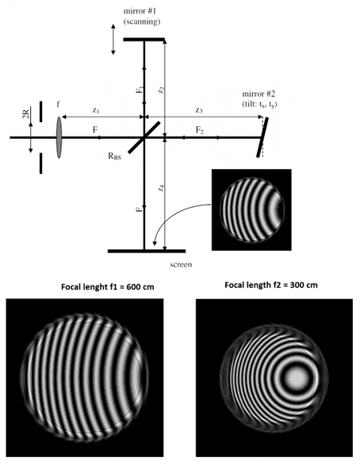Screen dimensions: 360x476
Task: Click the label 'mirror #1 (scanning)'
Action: pyautogui.click(x=142, y=17)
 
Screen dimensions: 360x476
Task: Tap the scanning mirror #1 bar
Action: pyautogui.click(x=144, y=40)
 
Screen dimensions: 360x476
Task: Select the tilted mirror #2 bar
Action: pyautogui.click(x=262, y=137)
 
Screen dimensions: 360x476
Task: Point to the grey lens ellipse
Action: pyautogui.click(x=59, y=137)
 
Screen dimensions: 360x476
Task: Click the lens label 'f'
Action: pyautogui.click(x=58, y=105)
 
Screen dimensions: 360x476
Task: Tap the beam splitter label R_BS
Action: pyautogui.click(x=114, y=156)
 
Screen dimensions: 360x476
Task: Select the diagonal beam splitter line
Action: pyautogui.click(x=144, y=137)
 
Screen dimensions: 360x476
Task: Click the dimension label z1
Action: pyautogui.click(x=96, y=110)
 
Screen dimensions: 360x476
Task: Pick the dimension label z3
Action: pyautogui.click(x=198, y=110)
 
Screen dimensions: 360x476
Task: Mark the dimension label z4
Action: pyautogui.click(x=162, y=188)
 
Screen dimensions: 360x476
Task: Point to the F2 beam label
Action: pyautogui.click(x=199, y=131)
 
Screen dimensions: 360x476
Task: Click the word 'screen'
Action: pyautogui.click(x=181, y=264)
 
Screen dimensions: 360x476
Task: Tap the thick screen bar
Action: pyautogui.click(x=147, y=251)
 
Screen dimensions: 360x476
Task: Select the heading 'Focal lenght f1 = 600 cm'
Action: pyautogui.click(x=108, y=287)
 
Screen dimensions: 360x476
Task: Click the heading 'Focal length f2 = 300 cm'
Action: pyautogui.click(x=271, y=285)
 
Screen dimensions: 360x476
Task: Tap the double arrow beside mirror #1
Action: pyautogui.click(x=113, y=40)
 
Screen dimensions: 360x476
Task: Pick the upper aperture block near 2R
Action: pyautogui.click(x=41, y=112)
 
